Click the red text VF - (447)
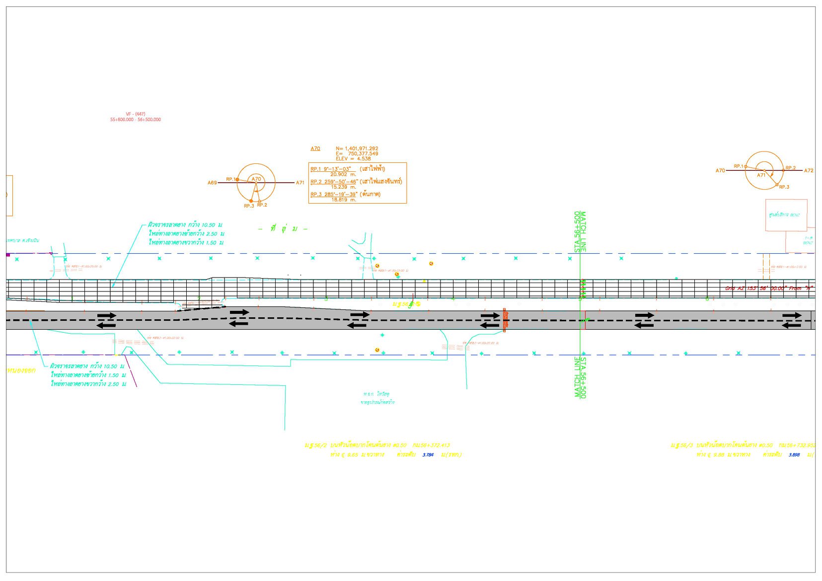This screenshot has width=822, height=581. pyautogui.click(x=135, y=114)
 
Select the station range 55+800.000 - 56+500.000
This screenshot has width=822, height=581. pyautogui.click(x=135, y=120)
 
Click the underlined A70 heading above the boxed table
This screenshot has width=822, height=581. pyautogui.click(x=315, y=148)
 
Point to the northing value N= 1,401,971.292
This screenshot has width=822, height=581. pyautogui.click(x=357, y=148)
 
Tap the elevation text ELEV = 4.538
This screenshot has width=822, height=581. pyautogui.click(x=353, y=159)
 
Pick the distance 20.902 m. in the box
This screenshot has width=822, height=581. pyautogui.click(x=343, y=175)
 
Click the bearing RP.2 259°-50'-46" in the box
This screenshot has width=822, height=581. pyautogui.click(x=334, y=182)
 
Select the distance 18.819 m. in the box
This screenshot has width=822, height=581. pyautogui.click(x=343, y=200)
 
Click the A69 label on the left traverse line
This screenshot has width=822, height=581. pyautogui.click(x=212, y=183)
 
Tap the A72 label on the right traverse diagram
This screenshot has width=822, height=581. pyautogui.click(x=809, y=171)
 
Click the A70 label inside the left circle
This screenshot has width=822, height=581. pyautogui.click(x=256, y=179)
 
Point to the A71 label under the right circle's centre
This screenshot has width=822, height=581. pyautogui.click(x=761, y=175)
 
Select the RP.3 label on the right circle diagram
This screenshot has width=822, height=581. pyautogui.click(x=784, y=187)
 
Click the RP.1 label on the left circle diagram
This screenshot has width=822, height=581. pyautogui.click(x=230, y=179)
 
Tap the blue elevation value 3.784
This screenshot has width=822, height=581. pyautogui.click(x=428, y=455)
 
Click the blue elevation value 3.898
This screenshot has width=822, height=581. pyautogui.click(x=794, y=455)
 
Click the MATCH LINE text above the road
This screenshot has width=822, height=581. pyautogui.click(x=584, y=232)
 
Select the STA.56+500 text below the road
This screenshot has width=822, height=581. pyautogui.click(x=584, y=377)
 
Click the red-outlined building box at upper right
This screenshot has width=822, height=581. pyautogui.click(x=786, y=215)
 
